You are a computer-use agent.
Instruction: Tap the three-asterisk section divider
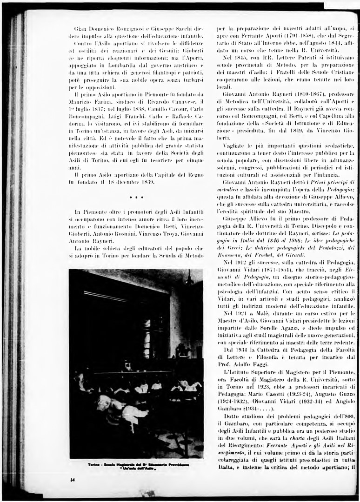pos(136,198)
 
